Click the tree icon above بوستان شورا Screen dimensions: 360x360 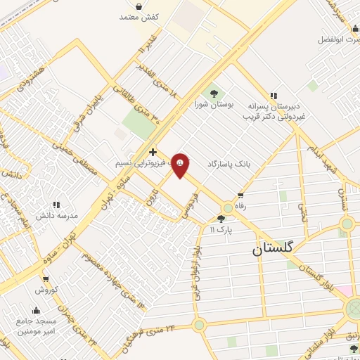(x=211, y=93)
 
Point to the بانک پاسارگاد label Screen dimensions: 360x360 (x=229, y=163)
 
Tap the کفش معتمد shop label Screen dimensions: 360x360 (x=141, y=16)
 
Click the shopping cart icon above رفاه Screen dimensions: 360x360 (x=240, y=196)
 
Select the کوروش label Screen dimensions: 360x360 (x=46, y=290)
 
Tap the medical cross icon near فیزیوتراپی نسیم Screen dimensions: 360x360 (x=153, y=151)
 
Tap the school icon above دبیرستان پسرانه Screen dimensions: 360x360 (x=273, y=96)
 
